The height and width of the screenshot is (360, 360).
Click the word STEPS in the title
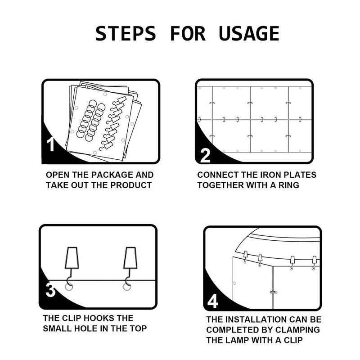126,33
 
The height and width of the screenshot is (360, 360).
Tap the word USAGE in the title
249,33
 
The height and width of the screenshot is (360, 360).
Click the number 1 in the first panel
50,144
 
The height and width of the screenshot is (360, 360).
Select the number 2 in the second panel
205,156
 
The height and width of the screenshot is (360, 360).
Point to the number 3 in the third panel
50,290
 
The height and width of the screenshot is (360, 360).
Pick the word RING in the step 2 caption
289,185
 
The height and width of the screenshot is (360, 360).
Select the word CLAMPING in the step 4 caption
297,330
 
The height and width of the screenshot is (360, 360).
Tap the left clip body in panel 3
72,258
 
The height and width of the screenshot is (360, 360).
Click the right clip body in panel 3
130,258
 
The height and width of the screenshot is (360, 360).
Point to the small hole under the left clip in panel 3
68,287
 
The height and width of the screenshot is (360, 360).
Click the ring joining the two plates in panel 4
273,292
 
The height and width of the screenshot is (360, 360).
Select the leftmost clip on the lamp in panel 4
245,254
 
